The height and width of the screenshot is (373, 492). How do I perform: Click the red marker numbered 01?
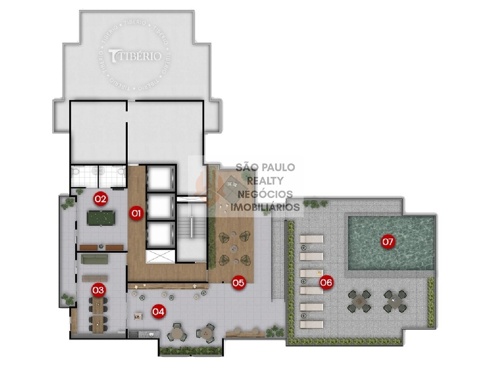coord(136,213)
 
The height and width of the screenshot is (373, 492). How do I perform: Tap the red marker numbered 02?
coord(100,198)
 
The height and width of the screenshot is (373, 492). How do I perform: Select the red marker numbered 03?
coord(98,290)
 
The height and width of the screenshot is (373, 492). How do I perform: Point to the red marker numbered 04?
coord(158,311)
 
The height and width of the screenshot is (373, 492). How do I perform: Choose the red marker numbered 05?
coord(238,283)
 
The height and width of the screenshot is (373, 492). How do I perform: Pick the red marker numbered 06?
coord(326,282)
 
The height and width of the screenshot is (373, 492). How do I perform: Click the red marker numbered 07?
coord(387,241)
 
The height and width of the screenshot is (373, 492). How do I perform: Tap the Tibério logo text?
coord(135,56)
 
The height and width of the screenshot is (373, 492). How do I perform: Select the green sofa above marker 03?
coord(95,259)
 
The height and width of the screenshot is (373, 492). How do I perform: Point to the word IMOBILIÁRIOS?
coord(265,207)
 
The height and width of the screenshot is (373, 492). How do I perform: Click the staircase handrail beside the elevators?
coord(192,228)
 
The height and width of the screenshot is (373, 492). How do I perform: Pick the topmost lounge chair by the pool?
coord(311,239)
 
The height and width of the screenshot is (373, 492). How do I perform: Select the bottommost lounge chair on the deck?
coord(311,325)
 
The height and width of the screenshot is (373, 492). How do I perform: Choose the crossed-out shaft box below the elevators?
coord(160,256)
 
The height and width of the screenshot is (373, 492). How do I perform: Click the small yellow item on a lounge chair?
coord(319,273)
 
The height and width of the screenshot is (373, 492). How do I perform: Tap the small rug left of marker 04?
coord(137,316)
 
